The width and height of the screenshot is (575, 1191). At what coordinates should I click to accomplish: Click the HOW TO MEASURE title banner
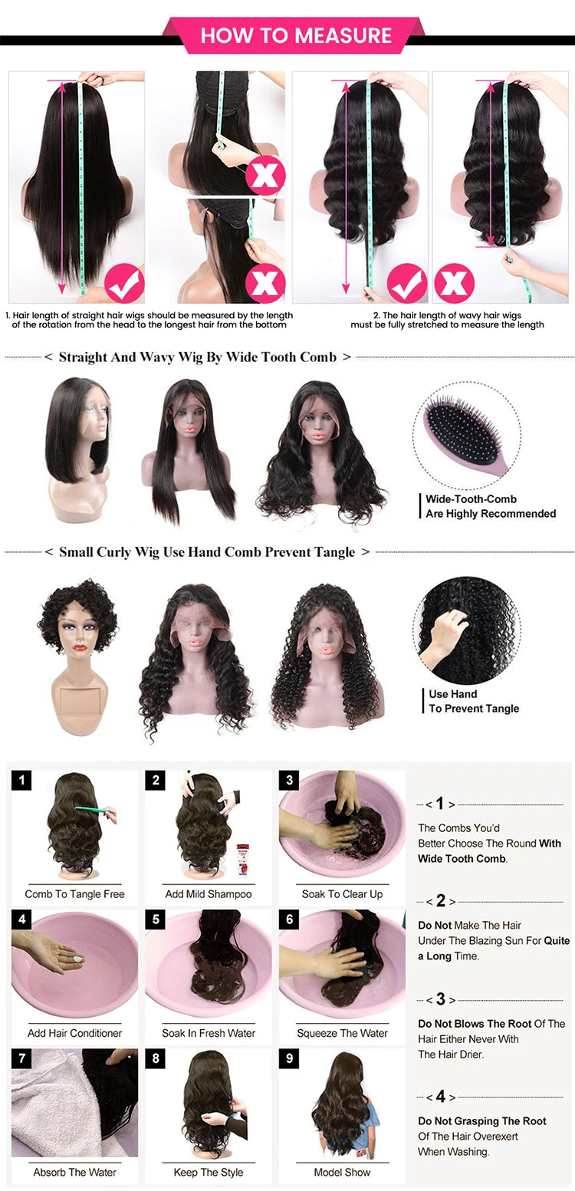click(x=295, y=35)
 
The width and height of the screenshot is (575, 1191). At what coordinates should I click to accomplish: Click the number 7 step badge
click(x=21, y=1059)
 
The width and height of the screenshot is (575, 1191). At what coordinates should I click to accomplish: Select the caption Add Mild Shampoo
click(x=209, y=893)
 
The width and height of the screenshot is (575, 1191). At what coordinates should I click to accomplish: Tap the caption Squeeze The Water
click(x=343, y=1033)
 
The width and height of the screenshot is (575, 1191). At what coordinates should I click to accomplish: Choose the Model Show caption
click(x=342, y=1172)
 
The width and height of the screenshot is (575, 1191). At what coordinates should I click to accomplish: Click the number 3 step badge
click(x=289, y=781)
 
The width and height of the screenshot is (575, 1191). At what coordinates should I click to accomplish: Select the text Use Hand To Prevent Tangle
click(x=474, y=701)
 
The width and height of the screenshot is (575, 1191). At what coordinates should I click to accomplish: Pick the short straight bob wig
click(x=79, y=429)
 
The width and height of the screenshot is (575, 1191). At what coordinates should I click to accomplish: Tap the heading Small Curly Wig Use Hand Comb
click(x=207, y=552)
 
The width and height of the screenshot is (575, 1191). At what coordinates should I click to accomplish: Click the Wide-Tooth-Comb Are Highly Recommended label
click(x=491, y=506)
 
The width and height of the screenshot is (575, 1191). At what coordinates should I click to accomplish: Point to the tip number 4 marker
click(x=441, y=1097)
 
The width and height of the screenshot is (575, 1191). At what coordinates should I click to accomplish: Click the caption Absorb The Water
click(x=74, y=1172)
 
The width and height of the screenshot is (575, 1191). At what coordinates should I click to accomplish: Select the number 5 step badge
click(x=156, y=920)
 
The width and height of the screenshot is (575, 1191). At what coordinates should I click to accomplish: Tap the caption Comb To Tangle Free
click(x=74, y=893)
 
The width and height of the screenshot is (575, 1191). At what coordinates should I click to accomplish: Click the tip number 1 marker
click(x=440, y=804)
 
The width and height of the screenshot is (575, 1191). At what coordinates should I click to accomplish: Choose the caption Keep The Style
click(x=209, y=1172)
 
